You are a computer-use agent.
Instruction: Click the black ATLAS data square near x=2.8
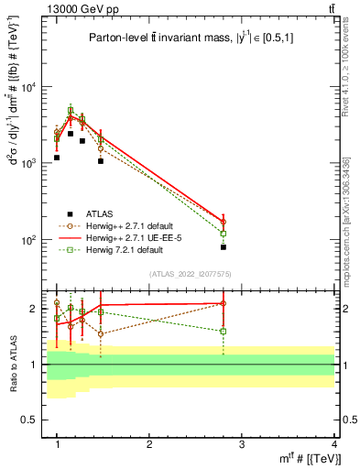click(224, 247)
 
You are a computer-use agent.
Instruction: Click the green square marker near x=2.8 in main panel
click(224, 234)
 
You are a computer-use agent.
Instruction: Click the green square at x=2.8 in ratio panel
click(224, 332)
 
